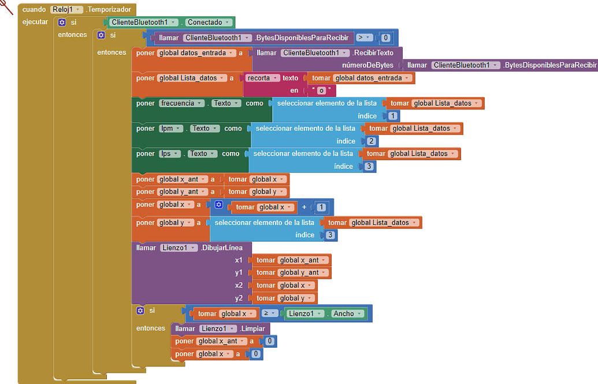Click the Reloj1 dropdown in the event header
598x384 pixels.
[66, 9]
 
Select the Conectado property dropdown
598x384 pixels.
[209, 23]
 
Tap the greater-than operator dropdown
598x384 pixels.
[363, 38]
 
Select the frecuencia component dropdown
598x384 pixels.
[182, 104]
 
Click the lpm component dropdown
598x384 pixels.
[171, 128]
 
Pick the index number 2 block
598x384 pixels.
[371, 141]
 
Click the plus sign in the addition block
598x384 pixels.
[304, 208]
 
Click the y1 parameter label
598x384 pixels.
[239, 272]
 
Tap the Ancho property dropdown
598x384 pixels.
[347, 313]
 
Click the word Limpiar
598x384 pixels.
[254, 328]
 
